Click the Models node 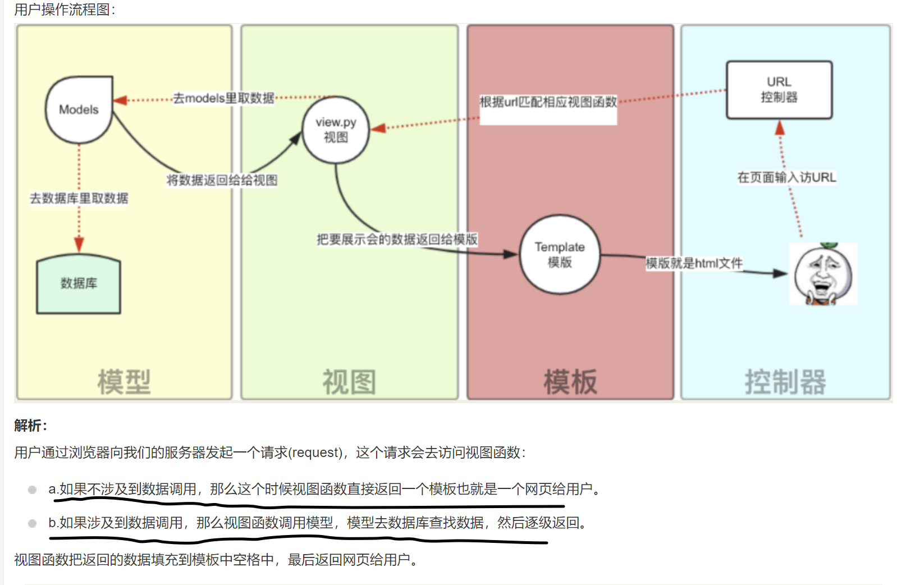(x=79, y=109)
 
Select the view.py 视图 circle (x=336, y=130)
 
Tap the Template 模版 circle (x=560, y=254)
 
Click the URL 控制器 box (x=779, y=90)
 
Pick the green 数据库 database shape (x=79, y=284)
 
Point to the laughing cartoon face (x=823, y=275)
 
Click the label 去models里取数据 (x=223, y=98)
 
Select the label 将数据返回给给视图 (x=222, y=180)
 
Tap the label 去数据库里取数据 (x=79, y=198)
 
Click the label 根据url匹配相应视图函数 (x=548, y=102)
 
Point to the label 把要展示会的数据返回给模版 (x=397, y=240)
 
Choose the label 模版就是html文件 (x=694, y=263)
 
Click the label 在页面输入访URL (x=786, y=177)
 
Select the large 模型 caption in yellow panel (x=124, y=382)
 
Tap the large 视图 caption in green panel (x=349, y=382)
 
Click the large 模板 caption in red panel (x=570, y=382)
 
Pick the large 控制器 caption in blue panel (x=785, y=382)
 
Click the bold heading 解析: (x=31, y=426)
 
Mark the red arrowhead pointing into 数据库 (x=79, y=244)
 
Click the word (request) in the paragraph (x=317, y=453)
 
